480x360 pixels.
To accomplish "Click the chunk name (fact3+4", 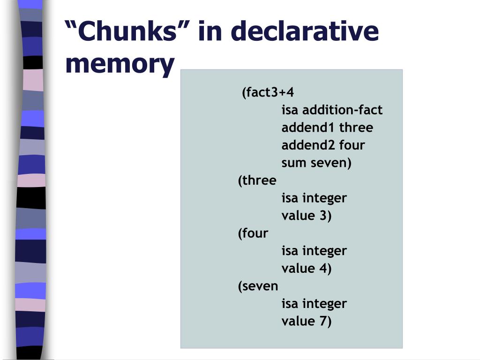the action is (268, 92).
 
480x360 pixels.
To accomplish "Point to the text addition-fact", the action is (342, 110).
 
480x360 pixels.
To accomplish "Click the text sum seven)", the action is (316, 163).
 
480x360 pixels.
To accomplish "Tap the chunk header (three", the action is (257, 180).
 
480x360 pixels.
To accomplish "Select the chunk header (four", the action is (253, 233).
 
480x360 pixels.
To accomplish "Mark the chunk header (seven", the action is (258, 286).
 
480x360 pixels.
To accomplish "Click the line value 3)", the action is (307, 216).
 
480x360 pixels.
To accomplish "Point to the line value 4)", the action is (307, 269).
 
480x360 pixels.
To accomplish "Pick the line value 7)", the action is (307, 321).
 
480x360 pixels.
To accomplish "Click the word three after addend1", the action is (356, 127).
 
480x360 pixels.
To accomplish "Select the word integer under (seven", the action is (324, 304).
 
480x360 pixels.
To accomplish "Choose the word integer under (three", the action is (324, 198).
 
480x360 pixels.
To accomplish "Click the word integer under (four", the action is (324, 251).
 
